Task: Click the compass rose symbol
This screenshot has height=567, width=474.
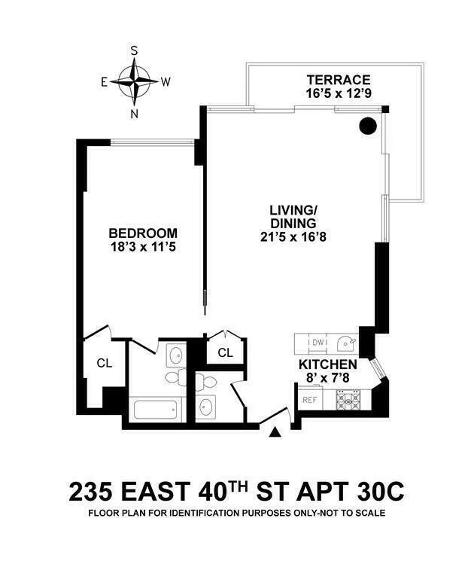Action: coord(135,81)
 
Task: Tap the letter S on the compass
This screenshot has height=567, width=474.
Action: coord(135,50)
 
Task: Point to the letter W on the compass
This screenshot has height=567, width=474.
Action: coord(166,81)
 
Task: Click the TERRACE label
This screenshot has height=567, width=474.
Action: coord(337,80)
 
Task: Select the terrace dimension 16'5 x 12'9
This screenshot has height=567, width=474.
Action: coord(337,94)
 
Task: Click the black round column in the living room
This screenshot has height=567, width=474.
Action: coord(367,126)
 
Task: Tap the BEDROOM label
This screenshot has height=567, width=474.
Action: coord(142,233)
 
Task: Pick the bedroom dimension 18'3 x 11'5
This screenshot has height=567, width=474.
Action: coord(142,246)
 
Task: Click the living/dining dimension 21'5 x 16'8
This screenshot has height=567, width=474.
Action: coord(293,236)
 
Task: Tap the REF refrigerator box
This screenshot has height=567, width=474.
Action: coord(308,400)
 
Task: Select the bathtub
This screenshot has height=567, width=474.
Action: coord(156,410)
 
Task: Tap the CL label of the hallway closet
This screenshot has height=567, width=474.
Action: coord(225,352)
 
